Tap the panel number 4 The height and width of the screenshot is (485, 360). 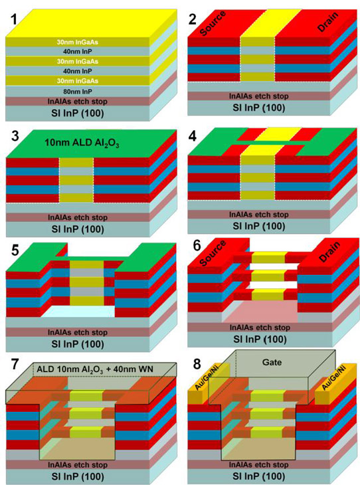click(x=193, y=136)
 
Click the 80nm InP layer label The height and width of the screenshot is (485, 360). click(x=77, y=92)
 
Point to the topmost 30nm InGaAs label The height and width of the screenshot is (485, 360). click(x=77, y=42)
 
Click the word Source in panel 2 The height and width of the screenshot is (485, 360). click(x=213, y=23)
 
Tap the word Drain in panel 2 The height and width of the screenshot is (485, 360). click(x=328, y=23)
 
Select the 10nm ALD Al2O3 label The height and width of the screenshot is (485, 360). click(x=82, y=144)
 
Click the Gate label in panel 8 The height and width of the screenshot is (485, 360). click(x=272, y=362)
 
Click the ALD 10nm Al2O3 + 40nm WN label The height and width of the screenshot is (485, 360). click(x=95, y=369)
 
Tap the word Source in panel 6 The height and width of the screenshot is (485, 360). click(x=213, y=252)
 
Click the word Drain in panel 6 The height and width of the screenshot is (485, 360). click(x=329, y=252)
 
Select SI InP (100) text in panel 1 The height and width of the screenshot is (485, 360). click(x=77, y=113)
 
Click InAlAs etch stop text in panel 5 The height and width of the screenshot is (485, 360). click(x=77, y=332)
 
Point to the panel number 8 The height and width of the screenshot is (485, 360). click(x=197, y=364)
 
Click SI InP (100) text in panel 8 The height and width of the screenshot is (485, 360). click(x=259, y=476)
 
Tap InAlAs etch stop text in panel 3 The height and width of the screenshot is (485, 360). click(x=77, y=217)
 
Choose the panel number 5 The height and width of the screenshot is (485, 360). click(x=15, y=250)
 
